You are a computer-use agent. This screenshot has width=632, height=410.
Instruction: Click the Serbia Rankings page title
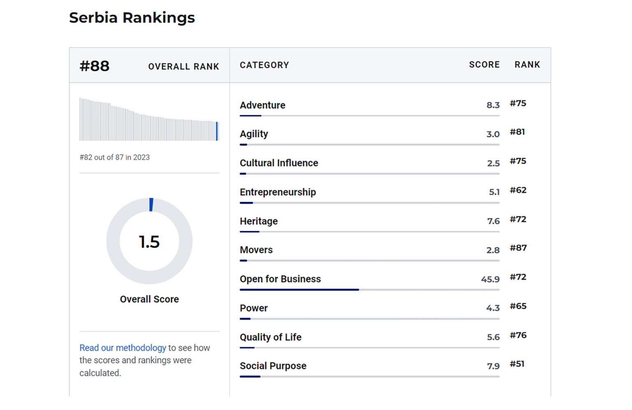132,18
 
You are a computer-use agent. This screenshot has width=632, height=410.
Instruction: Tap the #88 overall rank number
95,66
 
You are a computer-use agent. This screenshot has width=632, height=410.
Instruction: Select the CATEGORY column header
264,65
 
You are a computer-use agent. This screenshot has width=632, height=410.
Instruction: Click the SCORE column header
484,65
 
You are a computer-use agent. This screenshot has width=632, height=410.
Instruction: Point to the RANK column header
527,65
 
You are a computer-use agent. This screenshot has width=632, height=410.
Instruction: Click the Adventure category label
263,105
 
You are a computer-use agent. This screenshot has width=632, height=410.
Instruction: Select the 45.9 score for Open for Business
490,279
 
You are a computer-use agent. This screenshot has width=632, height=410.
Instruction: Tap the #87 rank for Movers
518,248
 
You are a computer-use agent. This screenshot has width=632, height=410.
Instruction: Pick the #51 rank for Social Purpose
517,364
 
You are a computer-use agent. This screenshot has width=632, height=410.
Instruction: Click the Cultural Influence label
279,163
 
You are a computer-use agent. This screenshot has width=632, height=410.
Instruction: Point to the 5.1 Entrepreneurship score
494,192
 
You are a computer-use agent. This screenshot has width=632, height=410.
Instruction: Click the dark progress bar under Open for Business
299,290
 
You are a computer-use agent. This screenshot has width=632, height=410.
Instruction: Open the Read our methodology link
123,348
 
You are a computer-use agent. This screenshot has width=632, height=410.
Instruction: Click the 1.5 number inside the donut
149,242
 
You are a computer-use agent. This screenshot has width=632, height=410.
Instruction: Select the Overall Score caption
149,299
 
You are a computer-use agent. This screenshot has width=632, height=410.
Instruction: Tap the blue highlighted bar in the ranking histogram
217,131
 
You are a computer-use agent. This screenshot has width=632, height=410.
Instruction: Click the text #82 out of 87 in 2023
114,158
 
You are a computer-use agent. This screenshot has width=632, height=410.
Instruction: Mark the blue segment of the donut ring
151,204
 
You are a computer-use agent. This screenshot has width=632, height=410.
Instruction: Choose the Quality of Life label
270,337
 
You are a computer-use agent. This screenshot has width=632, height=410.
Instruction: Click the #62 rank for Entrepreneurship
518,190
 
